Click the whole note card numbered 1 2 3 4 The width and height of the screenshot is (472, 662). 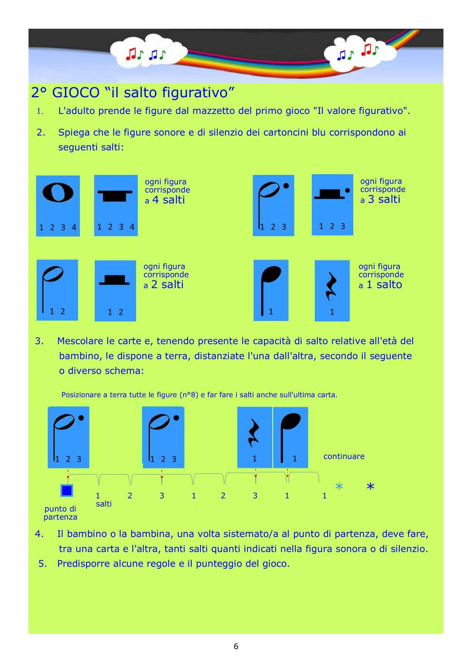point(58,206)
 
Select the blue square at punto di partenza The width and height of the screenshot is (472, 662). point(67,490)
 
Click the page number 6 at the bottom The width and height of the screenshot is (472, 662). point(236,646)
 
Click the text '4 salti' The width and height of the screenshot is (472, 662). point(168,200)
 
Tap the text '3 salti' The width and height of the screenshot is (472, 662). point(384,199)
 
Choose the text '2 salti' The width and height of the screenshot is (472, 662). point(167,285)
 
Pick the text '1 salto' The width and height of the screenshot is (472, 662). point(384,285)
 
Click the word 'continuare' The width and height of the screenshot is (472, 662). point(344,456)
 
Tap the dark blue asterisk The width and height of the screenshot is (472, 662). point(370,487)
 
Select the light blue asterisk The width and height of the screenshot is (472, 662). point(339,487)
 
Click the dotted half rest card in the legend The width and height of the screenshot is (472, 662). point(332,205)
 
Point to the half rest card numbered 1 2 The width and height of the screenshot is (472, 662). point(115,291)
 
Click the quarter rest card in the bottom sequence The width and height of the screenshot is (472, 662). point(254,437)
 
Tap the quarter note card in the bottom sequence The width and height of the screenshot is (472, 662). point(290,437)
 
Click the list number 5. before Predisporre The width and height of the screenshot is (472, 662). point(43,564)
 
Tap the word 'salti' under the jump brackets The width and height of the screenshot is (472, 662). point(104,504)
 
